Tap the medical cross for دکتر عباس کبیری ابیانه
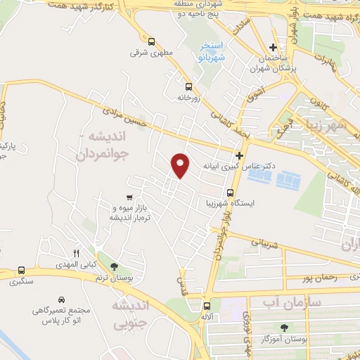click(240, 155)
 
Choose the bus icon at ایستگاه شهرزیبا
click(230, 193)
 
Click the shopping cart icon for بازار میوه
click(128, 198)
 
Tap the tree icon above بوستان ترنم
click(114, 265)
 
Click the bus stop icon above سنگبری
click(21, 269)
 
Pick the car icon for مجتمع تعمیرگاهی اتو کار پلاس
click(63, 298)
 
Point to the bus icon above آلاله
click(207, 306)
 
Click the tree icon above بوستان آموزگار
click(284, 328)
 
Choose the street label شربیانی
click(265, 243)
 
